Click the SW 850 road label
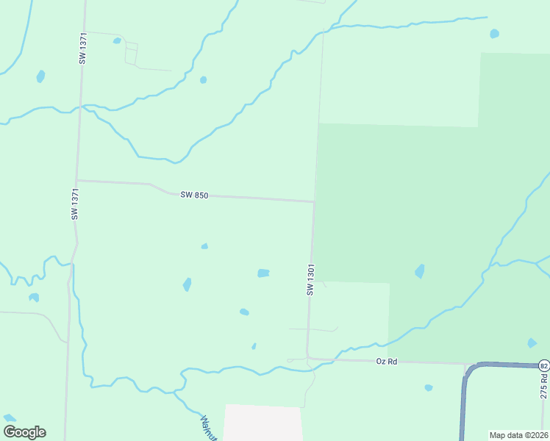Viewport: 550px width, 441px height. click(x=195, y=195)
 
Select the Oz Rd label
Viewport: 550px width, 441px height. click(x=386, y=362)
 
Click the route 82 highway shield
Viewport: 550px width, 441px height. click(x=543, y=365)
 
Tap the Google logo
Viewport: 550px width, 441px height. click(x=24, y=432)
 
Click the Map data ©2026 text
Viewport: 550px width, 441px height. click(x=518, y=434)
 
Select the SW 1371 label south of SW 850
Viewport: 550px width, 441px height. click(x=74, y=204)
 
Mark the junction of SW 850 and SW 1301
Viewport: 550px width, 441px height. click(x=315, y=201)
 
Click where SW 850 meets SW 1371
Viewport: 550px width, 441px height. click(x=76, y=180)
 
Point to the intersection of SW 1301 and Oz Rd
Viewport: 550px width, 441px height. click(x=307, y=359)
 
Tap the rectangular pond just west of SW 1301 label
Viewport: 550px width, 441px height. click(x=263, y=273)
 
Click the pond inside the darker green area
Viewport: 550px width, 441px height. click(x=419, y=271)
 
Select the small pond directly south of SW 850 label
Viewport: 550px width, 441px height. click(x=204, y=246)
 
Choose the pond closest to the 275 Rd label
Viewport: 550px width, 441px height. click(x=532, y=343)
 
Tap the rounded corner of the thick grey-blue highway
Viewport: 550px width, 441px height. click(x=469, y=370)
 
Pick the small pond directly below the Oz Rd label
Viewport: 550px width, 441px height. click(x=428, y=387)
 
